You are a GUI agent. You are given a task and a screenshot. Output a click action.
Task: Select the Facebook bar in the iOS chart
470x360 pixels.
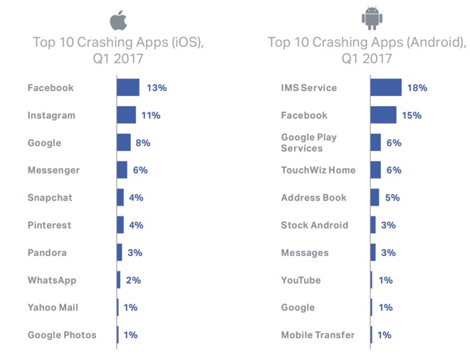tap(128, 88)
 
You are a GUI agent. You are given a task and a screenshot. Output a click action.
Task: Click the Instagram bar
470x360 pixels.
tap(126, 115)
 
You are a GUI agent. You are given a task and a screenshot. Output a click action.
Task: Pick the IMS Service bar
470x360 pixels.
tap(386, 88)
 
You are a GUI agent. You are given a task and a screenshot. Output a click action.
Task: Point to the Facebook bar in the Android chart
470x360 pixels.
tap(383, 115)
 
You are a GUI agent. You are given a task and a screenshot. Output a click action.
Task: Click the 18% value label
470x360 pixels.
tap(417, 88)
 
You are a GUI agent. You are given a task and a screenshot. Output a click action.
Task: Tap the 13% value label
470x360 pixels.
tap(156, 88)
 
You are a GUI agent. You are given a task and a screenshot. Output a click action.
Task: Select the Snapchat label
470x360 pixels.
tap(50, 198)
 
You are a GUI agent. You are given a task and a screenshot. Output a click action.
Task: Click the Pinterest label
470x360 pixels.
tap(50, 225)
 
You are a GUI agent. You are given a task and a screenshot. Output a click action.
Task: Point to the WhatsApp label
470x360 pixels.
tap(52, 280)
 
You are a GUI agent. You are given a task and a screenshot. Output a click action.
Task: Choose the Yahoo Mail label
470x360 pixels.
tap(53, 307)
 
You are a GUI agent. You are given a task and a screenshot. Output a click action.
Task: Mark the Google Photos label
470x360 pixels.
tap(62, 335)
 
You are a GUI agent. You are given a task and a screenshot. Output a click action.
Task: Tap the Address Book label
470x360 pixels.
tap(314, 198)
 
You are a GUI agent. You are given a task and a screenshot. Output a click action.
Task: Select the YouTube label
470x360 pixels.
tap(301, 280)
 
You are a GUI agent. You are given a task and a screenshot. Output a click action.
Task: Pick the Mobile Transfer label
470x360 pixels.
tap(318, 335)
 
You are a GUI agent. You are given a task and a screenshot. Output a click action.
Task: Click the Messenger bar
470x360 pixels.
tap(122, 170)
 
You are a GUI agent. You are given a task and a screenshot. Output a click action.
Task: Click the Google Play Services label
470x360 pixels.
tap(308, 142)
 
